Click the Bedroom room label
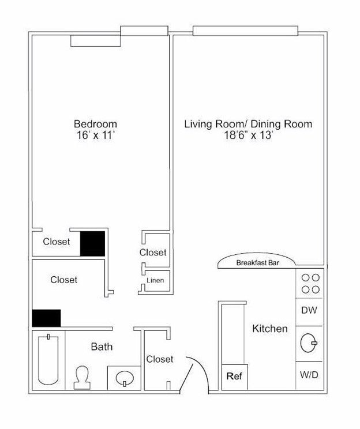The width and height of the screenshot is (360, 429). [x=95, y=123]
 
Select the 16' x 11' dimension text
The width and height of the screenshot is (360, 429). [x=95, y=136]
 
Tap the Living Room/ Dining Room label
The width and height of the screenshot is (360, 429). [x=247, y=123]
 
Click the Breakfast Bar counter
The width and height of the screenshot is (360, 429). [x=257, y=262]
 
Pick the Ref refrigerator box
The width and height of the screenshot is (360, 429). [x=234, y=377]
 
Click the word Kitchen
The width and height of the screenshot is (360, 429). [x=269, y=329]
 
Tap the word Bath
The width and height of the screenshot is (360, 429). [x=102, y=347]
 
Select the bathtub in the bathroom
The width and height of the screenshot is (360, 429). [x=49, y=360]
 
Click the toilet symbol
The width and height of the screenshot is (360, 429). [x=82, y=378]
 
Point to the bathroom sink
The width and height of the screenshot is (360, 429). [x=123, y=378]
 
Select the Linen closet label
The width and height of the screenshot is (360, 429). [x=155, y=281]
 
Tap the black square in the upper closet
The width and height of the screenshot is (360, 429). [x=92, y=243]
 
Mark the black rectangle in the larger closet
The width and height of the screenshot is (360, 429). [x=46, y=318]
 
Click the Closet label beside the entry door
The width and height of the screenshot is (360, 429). [x=160, y=359]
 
